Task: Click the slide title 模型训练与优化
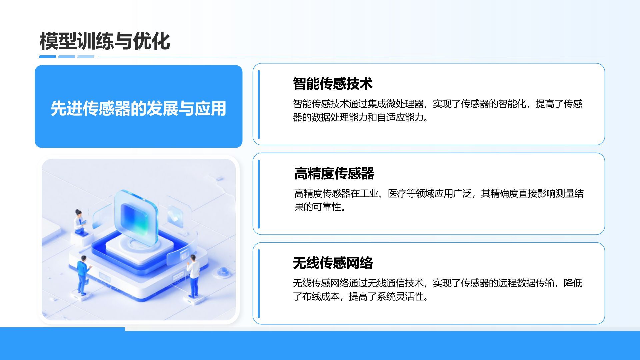[105, 41]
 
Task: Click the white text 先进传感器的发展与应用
[138, 108]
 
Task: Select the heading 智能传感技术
[332, 84]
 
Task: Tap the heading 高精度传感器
[334, 173]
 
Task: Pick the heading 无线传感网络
[332, 263]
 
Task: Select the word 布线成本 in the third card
[321, 297]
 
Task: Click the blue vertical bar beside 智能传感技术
[259, 104]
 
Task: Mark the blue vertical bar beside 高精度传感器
[259, 194]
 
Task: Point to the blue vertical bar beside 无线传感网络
[259, 284]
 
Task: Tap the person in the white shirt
[193, 275]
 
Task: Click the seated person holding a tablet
[79, 221]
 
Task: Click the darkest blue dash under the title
[47, 57]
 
